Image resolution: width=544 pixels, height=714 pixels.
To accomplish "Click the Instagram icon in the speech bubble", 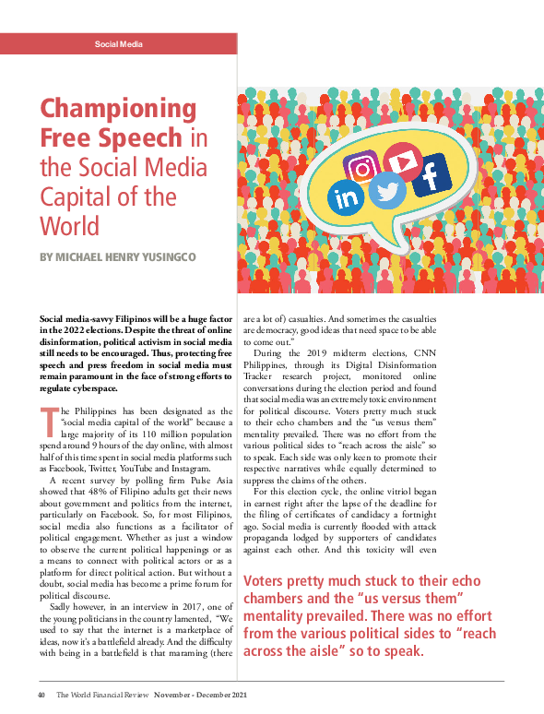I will [x=362, y=169].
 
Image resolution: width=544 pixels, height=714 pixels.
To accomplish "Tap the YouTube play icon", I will [x=403, y=161].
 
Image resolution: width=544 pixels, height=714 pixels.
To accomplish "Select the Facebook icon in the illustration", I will [x=430, y=174].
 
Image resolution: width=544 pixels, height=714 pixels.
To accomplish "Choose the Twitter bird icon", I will [x=389, y=192].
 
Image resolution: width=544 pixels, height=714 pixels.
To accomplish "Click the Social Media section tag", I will [x=119, y=44].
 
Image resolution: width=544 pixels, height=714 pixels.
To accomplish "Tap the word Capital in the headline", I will [x=72, y=196].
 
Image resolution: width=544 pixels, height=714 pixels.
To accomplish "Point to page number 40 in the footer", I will [x=42, y=695].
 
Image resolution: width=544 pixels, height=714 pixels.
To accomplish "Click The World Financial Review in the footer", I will [x=99, y=695].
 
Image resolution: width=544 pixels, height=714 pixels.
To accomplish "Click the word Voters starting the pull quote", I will [x=266, y=582].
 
